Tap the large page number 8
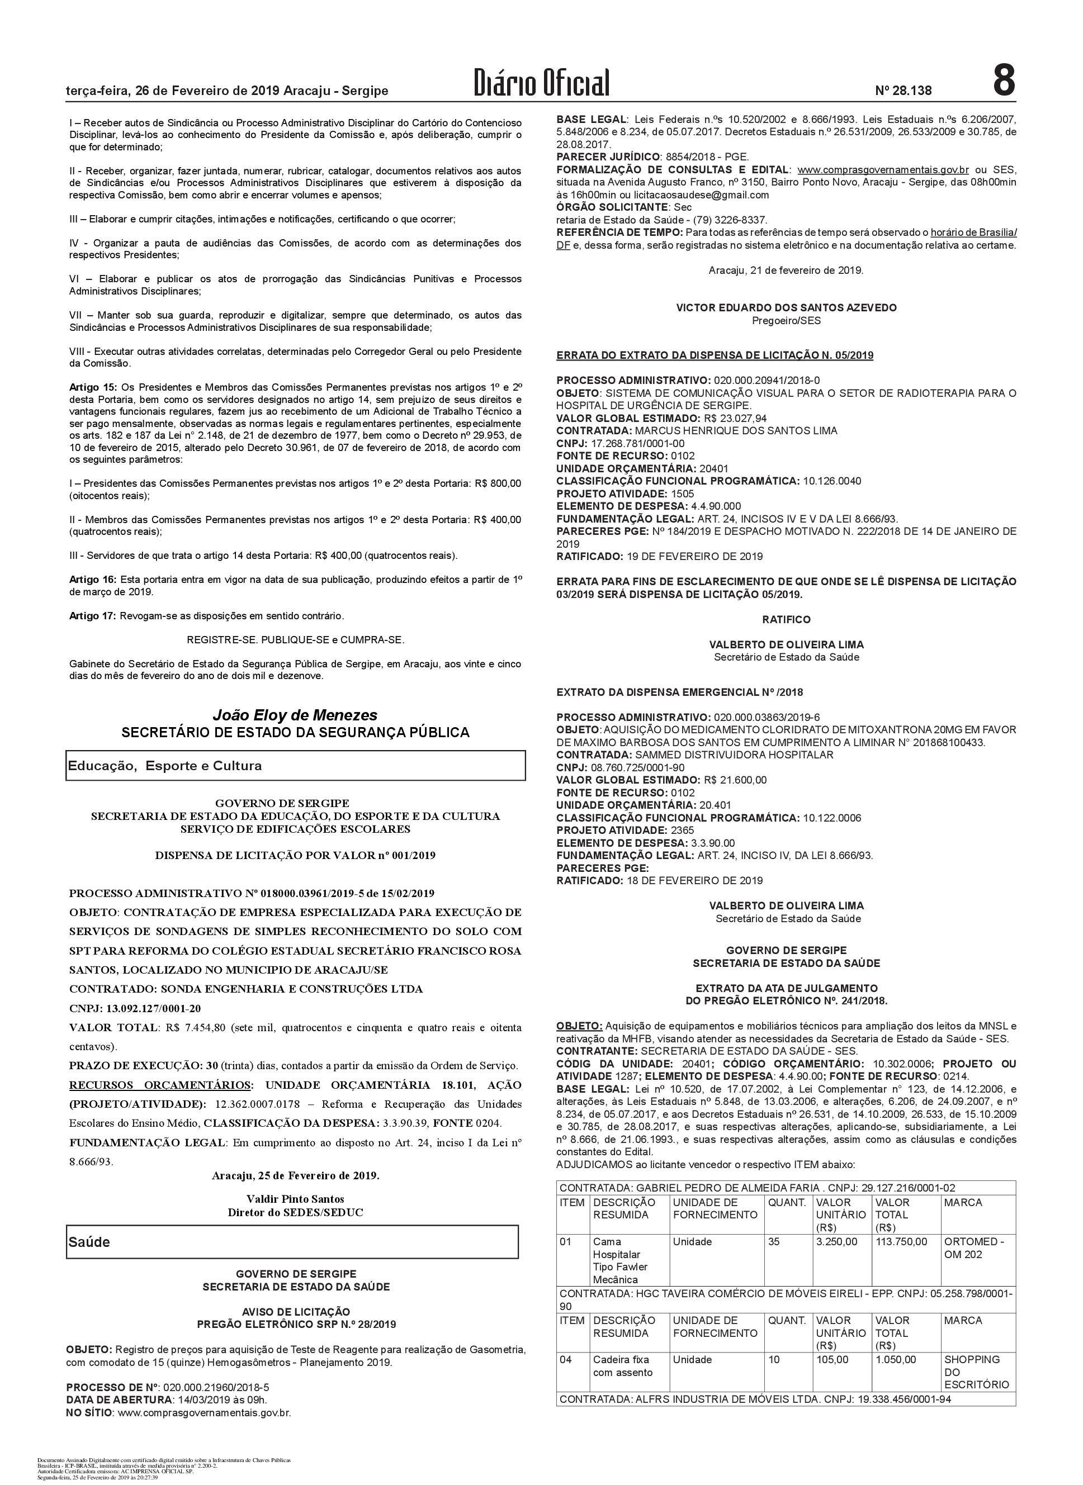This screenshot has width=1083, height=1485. [1003, 81]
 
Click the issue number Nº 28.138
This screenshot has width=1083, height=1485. [903, 91]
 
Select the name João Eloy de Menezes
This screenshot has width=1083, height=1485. [295, 715]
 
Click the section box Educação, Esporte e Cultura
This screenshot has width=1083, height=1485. [295, 766]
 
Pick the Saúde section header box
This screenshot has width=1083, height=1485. [292, 1242]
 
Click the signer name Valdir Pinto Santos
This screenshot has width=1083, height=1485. [295, 1199]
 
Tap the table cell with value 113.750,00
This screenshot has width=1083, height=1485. [901, 1241]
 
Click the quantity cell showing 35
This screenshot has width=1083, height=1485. [774, 1241]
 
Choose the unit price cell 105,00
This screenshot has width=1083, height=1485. [832, 1360]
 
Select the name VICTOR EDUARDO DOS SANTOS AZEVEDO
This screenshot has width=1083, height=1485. [786, 307]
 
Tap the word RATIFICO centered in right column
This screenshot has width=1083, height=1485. [786, 619]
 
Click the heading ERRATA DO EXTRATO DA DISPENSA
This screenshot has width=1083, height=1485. [715, 355]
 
